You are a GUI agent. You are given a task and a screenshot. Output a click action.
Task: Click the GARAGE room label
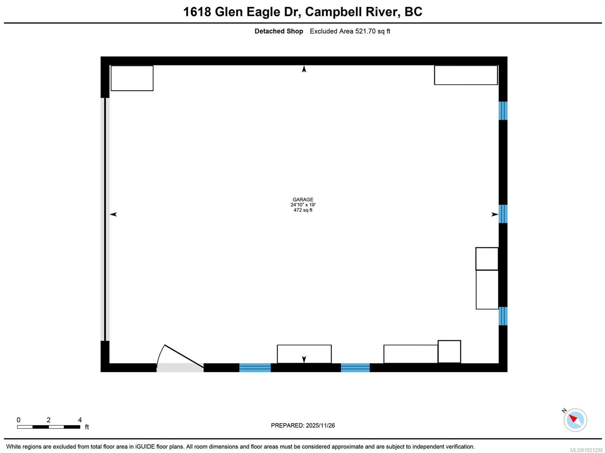(x=303, y=199)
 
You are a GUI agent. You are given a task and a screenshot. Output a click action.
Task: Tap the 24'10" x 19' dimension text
(x=303, y=205)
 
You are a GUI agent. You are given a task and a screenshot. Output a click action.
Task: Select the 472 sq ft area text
(x=303, y=210)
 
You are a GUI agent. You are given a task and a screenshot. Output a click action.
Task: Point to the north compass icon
(x=575, y=420)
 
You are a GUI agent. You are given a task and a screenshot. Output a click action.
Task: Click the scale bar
(x=48, y=427)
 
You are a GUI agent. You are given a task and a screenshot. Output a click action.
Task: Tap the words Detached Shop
(x=279, y=31)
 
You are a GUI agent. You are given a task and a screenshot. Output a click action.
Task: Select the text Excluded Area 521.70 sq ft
(x=350, y=31)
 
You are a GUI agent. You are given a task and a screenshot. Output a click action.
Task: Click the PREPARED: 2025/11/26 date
(x=303, y=425)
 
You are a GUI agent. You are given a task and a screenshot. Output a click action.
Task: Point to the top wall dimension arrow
(x=304, y=69)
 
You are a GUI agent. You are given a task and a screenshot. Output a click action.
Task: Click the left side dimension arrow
(x=113, y=214)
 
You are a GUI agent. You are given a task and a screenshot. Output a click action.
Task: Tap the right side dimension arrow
(x=495, y=214)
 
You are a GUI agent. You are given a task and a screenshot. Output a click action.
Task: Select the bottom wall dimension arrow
(x=304, y=359)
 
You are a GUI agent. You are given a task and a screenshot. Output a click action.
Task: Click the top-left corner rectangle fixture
(x=132, y=78)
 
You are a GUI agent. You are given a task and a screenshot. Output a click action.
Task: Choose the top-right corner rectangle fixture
(x=465, y=75)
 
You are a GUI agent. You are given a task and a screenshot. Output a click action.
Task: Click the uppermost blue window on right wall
(x=503, y=110)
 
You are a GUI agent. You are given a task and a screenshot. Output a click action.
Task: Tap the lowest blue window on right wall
(x=503, y=316)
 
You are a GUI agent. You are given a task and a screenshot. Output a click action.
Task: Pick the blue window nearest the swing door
(x=255, y=368)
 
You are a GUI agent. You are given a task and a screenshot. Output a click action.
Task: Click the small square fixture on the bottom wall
(x=449, y=352)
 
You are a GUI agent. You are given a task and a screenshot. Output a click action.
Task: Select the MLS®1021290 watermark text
(x=586, y=450)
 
